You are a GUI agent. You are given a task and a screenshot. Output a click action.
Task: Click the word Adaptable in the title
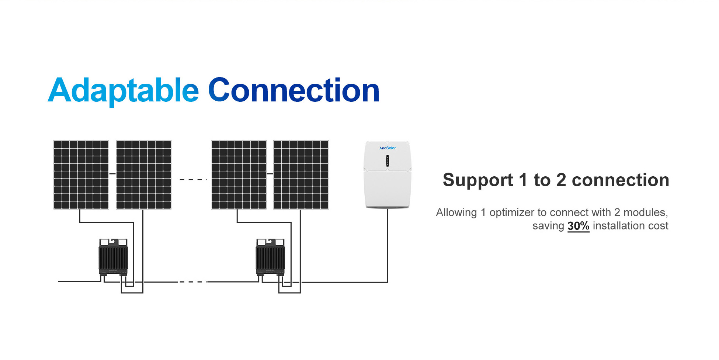click(123, 91)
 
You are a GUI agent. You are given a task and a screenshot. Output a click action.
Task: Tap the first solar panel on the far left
click(81, 175)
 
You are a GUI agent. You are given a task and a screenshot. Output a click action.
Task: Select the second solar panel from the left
click(143, 175)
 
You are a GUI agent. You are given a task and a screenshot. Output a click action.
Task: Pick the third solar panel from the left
click(239, 175)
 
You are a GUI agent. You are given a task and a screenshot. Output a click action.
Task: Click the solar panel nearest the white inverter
click(301, 175)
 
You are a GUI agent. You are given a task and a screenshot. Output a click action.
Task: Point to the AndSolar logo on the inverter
click(388, 148)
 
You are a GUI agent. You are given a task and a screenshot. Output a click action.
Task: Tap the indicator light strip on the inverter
click(387, 161)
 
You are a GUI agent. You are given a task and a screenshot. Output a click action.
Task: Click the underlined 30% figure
click(578, 226)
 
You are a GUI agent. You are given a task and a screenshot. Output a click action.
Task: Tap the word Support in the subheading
click(478, 180)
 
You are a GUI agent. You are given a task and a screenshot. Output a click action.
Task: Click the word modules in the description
click(644, 212)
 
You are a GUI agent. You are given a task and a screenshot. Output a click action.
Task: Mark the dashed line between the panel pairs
click(193, 180)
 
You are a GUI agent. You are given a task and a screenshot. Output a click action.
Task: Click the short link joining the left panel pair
click(112, 173)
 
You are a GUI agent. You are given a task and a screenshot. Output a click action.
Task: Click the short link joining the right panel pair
click(270, 173)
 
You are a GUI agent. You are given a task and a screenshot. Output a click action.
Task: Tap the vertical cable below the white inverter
click(388, 243)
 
